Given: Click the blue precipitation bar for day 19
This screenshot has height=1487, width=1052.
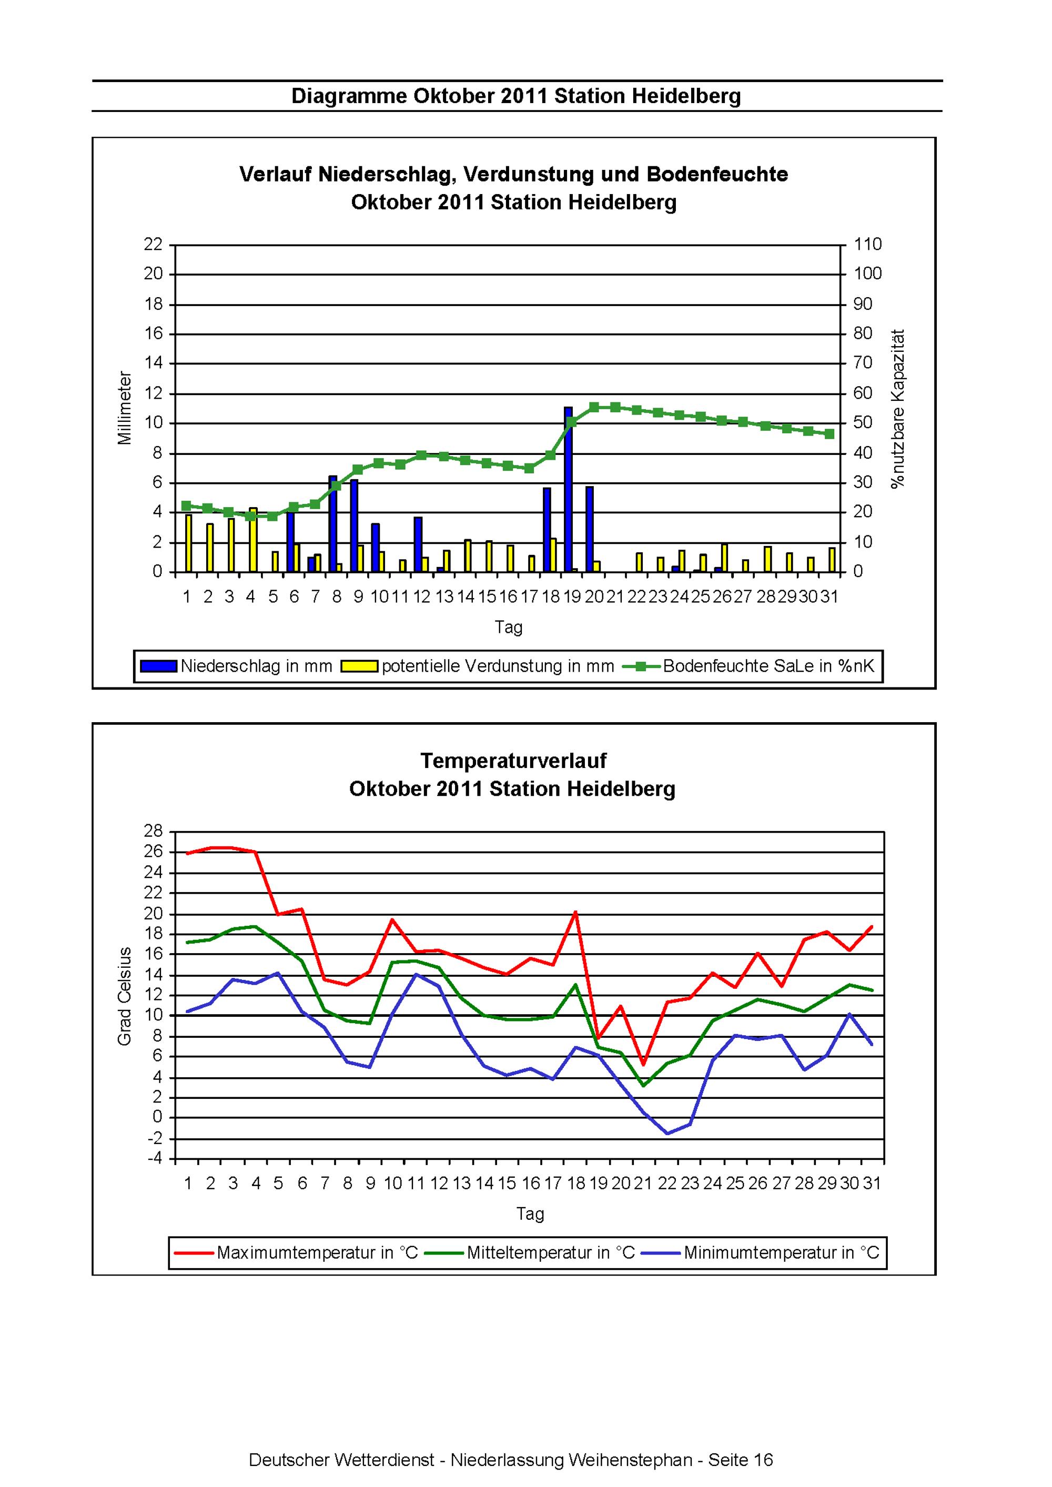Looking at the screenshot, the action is point(568,490).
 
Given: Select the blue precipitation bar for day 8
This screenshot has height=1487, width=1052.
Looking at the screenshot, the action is point(333,524).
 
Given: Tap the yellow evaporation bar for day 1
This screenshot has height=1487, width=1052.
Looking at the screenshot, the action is point(188,543).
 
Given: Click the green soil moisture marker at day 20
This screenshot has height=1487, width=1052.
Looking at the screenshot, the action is point(594,407).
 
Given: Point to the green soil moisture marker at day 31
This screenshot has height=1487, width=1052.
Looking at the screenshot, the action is point(829,434).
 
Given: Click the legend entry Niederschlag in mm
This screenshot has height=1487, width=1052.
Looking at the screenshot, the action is point(237,666).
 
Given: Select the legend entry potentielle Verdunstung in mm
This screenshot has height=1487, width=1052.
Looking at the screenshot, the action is point(478,666).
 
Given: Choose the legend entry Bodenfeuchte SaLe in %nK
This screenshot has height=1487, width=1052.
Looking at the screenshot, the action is point(749,666).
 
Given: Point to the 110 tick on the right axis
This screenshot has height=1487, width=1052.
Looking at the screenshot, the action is point(867,244).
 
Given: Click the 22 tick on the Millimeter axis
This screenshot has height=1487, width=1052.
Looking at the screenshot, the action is point(154,244).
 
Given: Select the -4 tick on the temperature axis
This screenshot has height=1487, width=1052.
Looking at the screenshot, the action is point(156,1159).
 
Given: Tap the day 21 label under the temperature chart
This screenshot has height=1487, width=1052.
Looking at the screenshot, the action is point(643,1183).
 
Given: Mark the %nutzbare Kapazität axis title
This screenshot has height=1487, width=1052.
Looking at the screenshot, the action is point(898,409).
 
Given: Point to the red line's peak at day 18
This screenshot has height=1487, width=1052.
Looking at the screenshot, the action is point(575,912).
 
